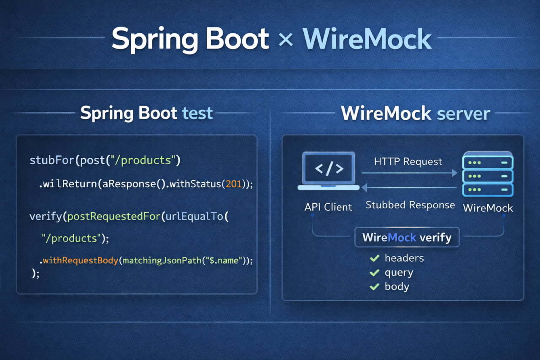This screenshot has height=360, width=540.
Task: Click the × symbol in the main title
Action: point(286,40)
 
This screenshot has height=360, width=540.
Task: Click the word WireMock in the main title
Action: point(367,40)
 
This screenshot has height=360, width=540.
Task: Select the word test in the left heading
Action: point(197,113)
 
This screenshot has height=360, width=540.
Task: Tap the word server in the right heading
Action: point(464,114)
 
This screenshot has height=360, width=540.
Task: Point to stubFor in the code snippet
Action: point(47,160)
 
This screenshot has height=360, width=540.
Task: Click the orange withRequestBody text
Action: point(80,260)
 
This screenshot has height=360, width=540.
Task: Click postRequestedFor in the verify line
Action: point(114,217)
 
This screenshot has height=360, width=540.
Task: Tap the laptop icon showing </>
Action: point(329,171)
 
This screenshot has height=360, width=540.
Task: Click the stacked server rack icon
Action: point(487,174)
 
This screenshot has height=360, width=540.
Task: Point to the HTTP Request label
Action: point(408,162)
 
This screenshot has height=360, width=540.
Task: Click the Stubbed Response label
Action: point(410,206)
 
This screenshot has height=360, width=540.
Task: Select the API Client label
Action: point(328,207)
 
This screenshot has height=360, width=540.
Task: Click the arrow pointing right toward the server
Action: point(409,173)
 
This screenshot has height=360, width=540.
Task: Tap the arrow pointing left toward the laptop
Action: point(409,187)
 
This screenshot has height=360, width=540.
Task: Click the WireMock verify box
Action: point(407,237)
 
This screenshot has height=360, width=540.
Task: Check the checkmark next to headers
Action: point(374,258)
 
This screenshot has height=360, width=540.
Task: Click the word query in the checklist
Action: point(399,273)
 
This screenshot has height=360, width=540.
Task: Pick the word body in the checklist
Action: point(397,287)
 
